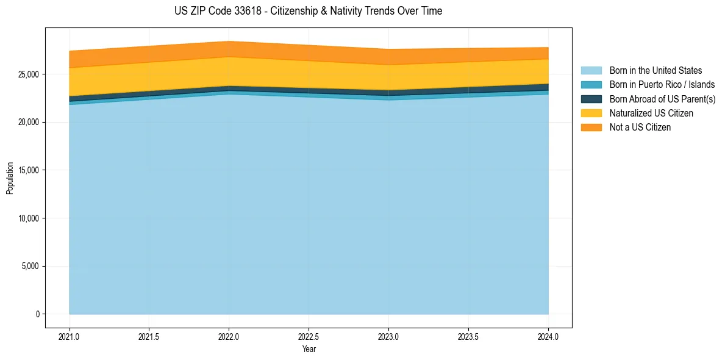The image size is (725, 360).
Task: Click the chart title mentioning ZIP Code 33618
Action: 308,11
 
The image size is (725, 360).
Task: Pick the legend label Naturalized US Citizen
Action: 651,113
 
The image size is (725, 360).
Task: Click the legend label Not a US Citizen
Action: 640,128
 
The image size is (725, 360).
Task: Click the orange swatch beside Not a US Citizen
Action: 591,128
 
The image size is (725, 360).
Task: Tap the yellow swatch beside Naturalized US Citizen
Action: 591,113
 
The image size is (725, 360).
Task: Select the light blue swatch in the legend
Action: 591,71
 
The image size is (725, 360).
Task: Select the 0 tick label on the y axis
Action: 37,314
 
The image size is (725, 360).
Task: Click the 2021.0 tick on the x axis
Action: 69,336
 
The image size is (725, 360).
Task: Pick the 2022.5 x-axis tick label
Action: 309,336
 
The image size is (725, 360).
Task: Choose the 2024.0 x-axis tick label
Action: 548,336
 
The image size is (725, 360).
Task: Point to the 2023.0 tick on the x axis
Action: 388,336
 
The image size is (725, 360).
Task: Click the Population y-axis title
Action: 10,178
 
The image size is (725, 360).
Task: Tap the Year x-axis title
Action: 309,349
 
